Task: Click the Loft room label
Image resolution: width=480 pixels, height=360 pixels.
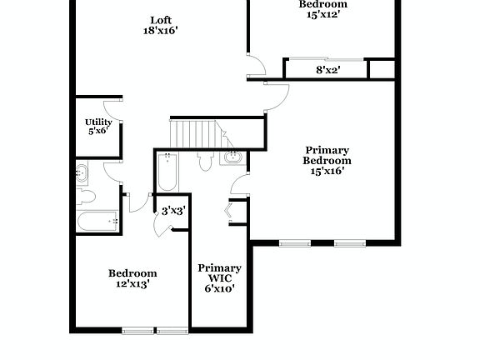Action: (161, 21)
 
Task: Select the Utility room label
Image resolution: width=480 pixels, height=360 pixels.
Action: (99, 122)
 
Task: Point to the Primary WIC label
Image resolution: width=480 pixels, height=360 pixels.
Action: (219, 273)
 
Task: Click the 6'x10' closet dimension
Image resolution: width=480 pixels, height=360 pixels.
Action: (219, 289)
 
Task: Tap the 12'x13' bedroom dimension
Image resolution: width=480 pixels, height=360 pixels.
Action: (132, 284)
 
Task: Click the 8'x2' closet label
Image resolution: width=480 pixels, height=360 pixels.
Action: (327, 70)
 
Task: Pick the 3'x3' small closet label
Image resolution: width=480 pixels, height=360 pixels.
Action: (173, 211)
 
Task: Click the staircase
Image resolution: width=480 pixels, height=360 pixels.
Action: (192, 133)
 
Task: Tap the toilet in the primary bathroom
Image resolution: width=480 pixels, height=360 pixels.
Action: (205, 161)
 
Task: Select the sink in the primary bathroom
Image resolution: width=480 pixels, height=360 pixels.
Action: (232, 157)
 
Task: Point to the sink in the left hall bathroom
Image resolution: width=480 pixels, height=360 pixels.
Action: (82, 173)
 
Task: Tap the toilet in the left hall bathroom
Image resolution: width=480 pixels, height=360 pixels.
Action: (85, 197)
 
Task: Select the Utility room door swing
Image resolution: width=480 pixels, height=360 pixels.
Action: (112, 110)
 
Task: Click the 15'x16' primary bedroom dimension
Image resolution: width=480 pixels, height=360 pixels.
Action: (326, 172)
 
